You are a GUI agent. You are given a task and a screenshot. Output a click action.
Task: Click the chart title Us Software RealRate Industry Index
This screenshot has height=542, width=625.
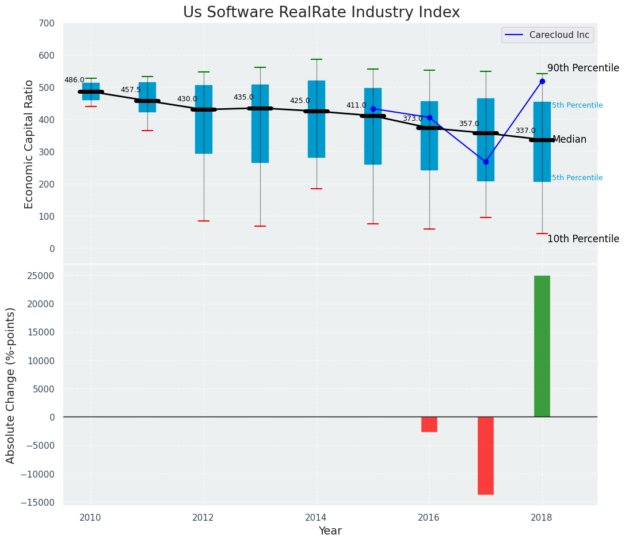(321, 13)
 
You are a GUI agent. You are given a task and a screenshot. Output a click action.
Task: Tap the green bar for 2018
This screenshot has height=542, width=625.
(542, 346)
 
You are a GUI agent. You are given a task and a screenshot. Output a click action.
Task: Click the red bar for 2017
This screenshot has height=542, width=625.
(485, 455)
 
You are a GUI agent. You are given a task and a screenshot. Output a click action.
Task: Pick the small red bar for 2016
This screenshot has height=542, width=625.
(429, 424)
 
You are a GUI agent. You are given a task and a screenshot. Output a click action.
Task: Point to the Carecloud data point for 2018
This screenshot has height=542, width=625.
(542, 82)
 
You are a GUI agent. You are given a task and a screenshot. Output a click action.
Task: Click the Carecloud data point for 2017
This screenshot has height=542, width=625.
(486, 162)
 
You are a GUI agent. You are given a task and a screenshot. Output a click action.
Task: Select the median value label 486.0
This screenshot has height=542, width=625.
(74, 81)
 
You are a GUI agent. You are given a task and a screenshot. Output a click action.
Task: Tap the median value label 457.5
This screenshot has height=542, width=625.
(131, 90)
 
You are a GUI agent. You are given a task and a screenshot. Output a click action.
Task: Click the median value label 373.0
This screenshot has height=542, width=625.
(412, 119)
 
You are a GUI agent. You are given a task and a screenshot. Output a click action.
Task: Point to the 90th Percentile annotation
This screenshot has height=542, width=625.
(583, 68)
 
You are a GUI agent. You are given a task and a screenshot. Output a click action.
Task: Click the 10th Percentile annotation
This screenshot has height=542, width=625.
(583, 239)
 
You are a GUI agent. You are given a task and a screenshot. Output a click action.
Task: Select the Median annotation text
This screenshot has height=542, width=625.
(569, 140)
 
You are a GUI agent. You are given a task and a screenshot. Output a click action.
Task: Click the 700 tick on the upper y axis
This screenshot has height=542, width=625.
(47, 24)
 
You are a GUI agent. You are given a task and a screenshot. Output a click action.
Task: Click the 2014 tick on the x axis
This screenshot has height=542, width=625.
(316, 517)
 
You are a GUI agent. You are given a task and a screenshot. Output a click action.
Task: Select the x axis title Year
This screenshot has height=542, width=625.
(330, 531)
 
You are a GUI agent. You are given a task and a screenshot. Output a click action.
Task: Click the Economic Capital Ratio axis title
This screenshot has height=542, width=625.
(29, 144)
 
